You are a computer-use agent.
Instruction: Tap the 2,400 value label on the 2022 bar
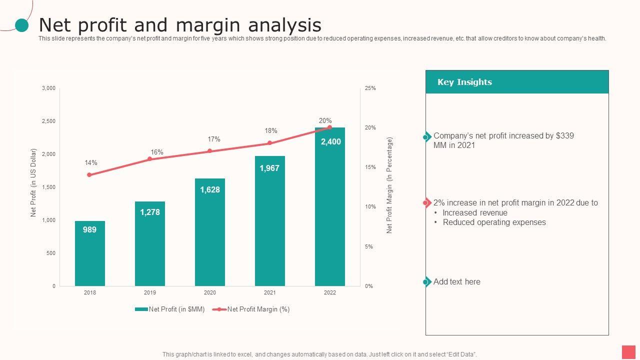click(331, 142)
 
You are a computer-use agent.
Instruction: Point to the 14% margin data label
click(91, 163)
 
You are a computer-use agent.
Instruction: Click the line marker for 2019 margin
click(149, 159)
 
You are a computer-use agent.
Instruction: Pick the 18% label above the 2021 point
click(271, 131)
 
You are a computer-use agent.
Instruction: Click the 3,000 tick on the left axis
click(49, 88)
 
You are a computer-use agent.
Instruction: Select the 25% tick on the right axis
click(370, 88)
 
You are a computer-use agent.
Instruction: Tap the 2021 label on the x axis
click(270, 292)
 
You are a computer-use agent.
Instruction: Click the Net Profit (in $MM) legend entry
click(170, 309)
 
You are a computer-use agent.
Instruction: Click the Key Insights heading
click(464, 82)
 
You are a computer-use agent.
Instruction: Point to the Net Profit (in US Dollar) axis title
click(34, 182)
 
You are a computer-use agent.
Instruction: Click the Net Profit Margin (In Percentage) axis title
click(389, 185)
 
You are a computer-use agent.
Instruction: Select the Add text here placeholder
click(456, 282)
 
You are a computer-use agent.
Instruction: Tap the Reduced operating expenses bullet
click(494, 222)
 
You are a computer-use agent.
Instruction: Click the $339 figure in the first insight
click(564, 136)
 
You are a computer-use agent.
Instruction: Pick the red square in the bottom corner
click(628, 352)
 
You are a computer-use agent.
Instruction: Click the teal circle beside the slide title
click(22, 25)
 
